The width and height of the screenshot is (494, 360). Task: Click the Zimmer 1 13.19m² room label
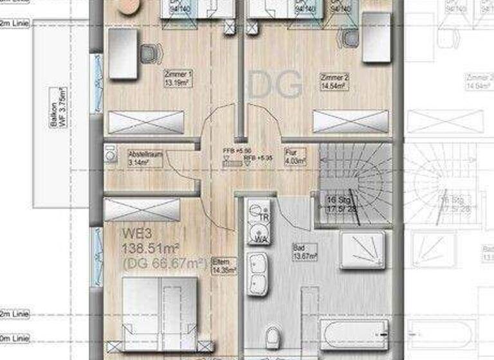178,78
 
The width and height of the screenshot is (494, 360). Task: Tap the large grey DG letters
275,85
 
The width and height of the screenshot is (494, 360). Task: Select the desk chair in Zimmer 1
149,53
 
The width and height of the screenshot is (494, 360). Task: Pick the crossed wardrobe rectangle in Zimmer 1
145,122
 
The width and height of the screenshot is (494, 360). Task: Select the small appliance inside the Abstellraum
110,155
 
